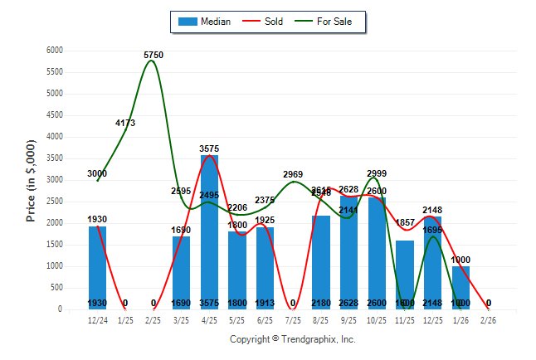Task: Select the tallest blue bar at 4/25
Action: pos(209,232)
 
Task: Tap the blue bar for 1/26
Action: pos(460,287)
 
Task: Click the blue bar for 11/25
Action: pos(404,274)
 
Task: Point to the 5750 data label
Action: pos(153,55)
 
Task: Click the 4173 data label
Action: pos(125,123)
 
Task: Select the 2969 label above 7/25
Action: pos(293,174)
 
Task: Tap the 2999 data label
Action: pos(377,173)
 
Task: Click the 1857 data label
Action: pos(405,223)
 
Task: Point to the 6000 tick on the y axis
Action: pos(55,51)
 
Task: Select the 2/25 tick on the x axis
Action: pos(153,320)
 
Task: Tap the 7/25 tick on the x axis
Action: pos(293,320)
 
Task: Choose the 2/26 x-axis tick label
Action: pos(489,320)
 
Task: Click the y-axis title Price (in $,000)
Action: pos(31,180)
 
